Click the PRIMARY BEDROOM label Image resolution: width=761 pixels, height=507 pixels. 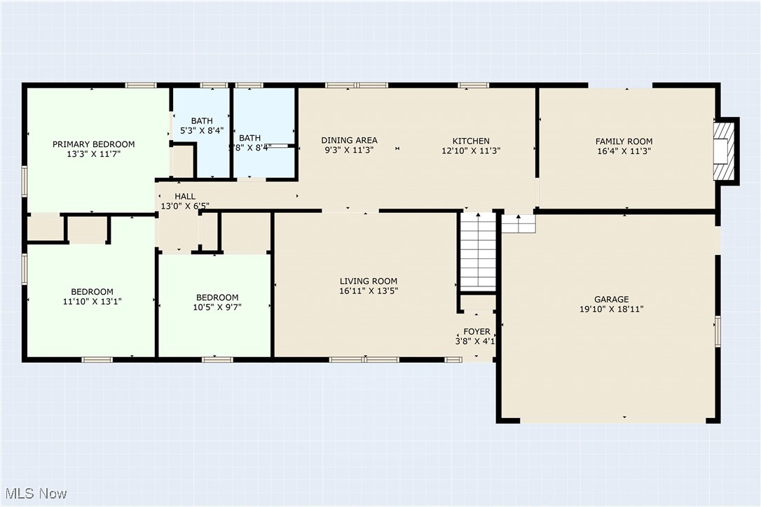[93, 144]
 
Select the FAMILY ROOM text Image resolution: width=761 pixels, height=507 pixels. [624, 141]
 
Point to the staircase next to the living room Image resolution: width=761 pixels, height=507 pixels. [478, 250]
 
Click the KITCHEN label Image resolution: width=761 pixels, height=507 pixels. [470, 141]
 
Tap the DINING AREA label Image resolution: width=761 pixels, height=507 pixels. [349, 140]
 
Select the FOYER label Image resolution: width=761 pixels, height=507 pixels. [477, 332]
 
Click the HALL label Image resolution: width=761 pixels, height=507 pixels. [185, 197]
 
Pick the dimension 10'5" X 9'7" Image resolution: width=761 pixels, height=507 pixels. [217, 307]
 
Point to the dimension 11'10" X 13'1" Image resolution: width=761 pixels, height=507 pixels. [92, 302]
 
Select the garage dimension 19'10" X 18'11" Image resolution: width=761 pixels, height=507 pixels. [611, 309]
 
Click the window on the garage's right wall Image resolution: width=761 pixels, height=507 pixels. [717, 331]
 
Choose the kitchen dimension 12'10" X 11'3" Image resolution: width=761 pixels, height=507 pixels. [470, 151]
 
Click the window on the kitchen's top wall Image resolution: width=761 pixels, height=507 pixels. [474, 85]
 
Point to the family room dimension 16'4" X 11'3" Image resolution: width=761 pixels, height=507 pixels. [624, 151]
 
